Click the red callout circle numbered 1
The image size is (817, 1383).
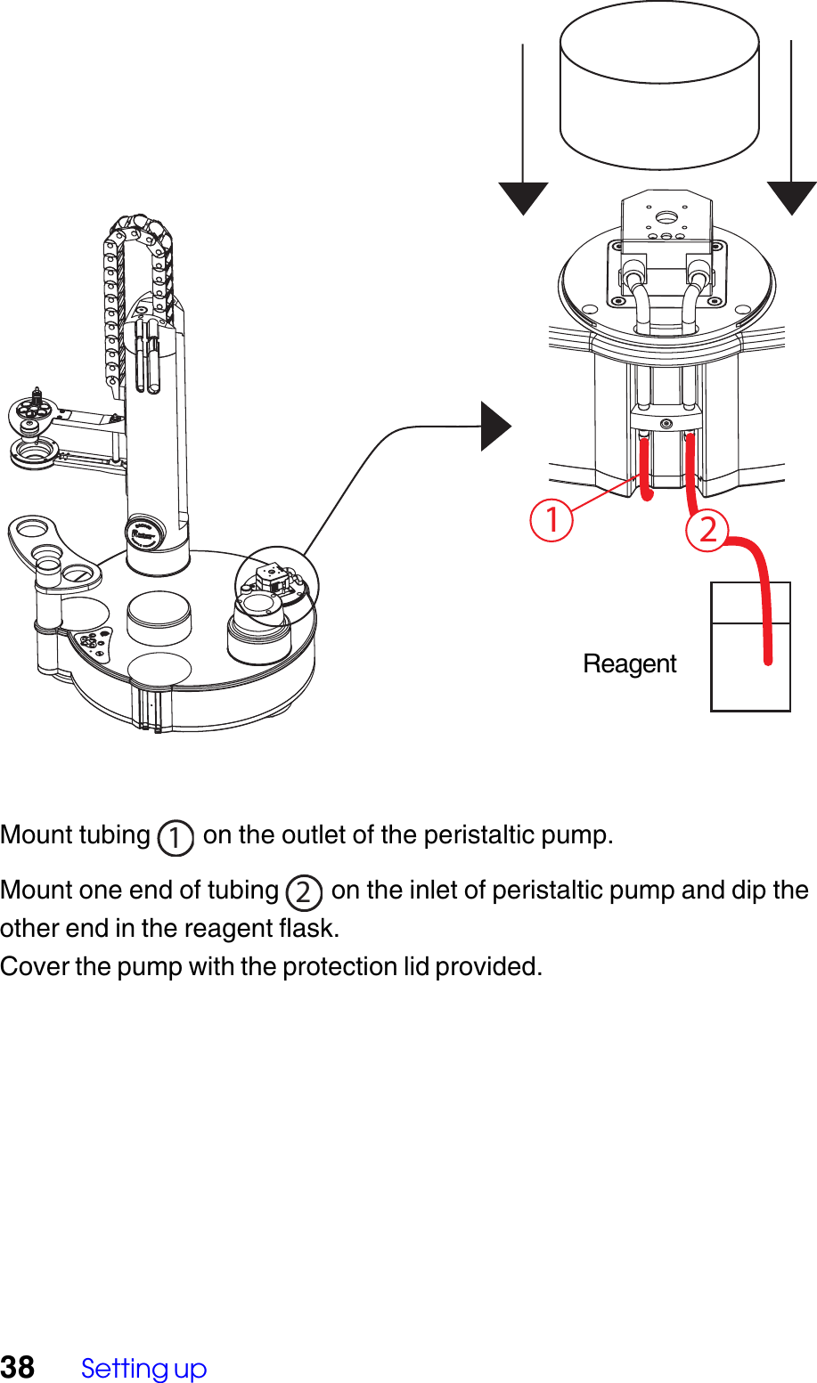point(551,520)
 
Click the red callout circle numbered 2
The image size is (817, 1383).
point(707,530)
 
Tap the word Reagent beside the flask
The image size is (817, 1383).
point(629,664)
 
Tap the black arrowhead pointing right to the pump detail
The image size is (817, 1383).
point(495,427)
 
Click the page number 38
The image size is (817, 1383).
point(17,1367)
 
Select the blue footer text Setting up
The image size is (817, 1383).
point(143,1368)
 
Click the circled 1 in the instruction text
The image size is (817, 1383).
point(176,837)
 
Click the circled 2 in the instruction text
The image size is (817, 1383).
point(304,891)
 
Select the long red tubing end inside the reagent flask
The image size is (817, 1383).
point(767,641)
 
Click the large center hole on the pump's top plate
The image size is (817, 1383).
point(665,216)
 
